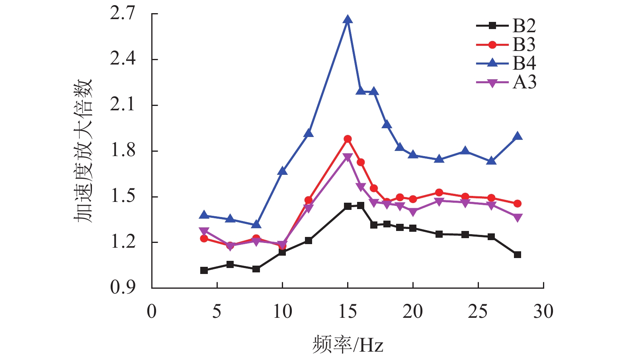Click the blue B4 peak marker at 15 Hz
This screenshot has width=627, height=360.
pyautogui.click(x=348, y=20)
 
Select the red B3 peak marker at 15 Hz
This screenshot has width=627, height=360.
pyautogui.click(x=348, y=139)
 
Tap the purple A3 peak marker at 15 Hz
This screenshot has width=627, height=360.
pyautogui.click(x=348, y=157)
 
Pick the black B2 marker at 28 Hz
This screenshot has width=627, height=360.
pyautogui.click(x=518, y=254)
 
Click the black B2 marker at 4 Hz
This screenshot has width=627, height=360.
pyautogui.click(x=204, y=270)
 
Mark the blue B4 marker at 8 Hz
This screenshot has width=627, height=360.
pyautogui.click(x=256, y=225)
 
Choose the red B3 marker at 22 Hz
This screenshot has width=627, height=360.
pyautogui.click(x=439, y=193)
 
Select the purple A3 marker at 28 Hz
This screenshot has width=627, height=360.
pyautogui.click(x=518, y=217)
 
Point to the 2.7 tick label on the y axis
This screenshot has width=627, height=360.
pyautogui.click(x=123, y=14)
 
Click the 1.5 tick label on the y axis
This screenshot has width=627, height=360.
pyautogui.click(x=123, y=196)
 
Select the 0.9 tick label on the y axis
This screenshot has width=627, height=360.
pyautogui.click(x=123, y=288)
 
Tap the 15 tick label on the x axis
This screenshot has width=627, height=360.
pyautogui.click(x=347, y=311)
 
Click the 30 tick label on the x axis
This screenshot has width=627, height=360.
pyautogui.click(x=543, y=311)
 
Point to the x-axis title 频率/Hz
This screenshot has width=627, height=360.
pyautogui.click(x=348, y=344)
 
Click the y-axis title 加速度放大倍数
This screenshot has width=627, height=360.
pyautogui.click(x=83, y=151)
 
